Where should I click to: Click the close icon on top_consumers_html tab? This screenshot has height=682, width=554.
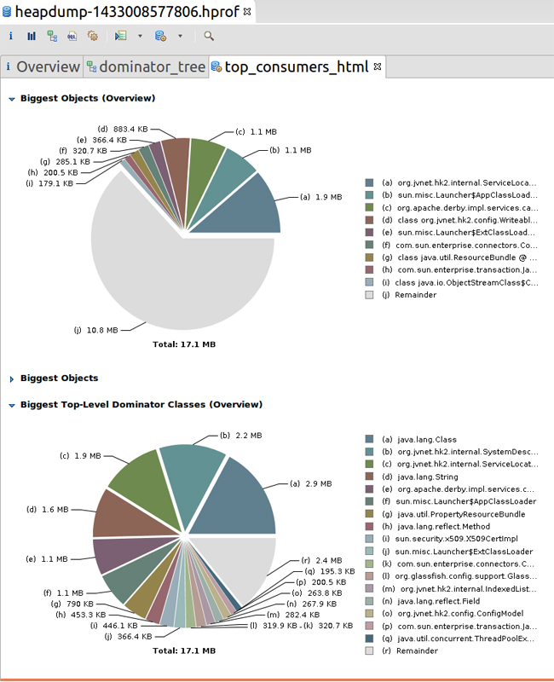pyautogui.click(x=378, y=66)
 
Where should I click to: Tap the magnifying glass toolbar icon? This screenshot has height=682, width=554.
pyautogui.click(x=209, y=36)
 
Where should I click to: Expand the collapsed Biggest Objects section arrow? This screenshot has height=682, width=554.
pyautogui.click(x=12, y=379)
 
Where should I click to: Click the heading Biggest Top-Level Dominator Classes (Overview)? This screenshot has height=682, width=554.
pyautogui.click(x=141, y=404)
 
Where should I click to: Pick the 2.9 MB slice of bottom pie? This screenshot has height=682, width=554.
pyautogui.click(x=243, y=499)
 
